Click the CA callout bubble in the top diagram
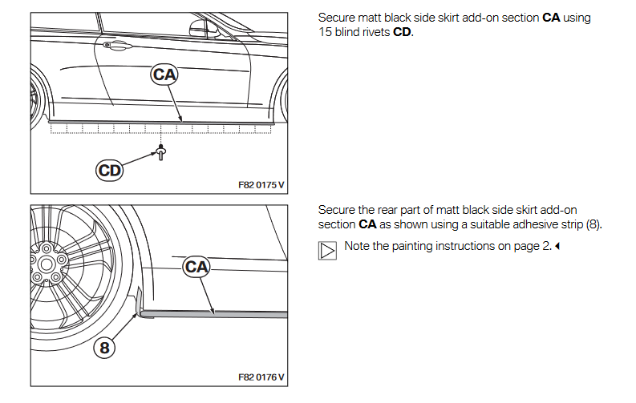pos(164,75)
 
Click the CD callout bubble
pos(110,170)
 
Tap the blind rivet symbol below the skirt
pos(161,151)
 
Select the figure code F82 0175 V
pos(261,184)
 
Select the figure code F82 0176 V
pos(261,377)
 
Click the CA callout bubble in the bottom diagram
pos(196,266)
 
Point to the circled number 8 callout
pos(104,347)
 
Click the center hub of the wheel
pos(47,264)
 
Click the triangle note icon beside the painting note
pos(327,250)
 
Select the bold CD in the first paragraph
pos(402,32)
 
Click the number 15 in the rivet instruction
pos(325,32)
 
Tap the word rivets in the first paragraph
pos(372,32)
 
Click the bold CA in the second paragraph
pos(367,224)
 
